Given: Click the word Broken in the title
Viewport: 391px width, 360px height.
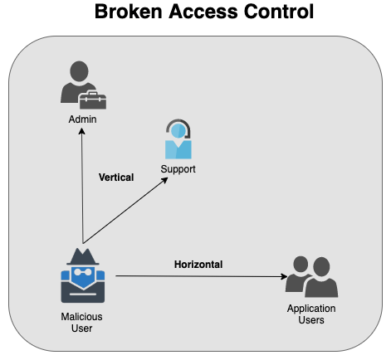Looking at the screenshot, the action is [128, 12].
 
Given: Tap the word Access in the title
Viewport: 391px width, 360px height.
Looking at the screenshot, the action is [203, 12].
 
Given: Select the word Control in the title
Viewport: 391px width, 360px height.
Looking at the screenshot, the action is [279, 12].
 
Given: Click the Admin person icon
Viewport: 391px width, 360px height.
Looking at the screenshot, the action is [83, 85].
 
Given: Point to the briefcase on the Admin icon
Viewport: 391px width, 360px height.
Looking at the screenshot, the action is [92, 100].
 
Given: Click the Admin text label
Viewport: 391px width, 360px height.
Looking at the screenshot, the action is [82, 119].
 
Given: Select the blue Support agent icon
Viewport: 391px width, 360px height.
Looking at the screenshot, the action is [178, 139].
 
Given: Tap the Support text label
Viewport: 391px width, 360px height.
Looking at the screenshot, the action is [178, 169].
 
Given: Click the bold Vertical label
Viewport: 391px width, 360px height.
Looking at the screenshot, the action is [116, 178].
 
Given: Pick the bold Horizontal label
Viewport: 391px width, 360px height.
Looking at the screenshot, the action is [198, 265].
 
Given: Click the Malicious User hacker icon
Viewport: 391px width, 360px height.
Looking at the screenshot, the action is [83, 275].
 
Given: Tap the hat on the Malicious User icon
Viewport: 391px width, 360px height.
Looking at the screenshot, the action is [83, 257].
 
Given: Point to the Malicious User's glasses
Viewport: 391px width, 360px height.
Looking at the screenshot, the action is [83, 272].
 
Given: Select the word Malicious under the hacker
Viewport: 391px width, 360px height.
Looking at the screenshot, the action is [81, 317].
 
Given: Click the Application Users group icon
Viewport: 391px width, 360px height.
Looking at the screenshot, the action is [311, 277].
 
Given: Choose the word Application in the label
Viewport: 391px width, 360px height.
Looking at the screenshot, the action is [311, 309].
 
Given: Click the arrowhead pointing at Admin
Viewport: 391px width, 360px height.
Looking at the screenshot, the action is [81, 131].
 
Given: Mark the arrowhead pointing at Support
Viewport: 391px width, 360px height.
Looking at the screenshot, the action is [164, 180].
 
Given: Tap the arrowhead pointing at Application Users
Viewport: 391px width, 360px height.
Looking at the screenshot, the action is [284, 276].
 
